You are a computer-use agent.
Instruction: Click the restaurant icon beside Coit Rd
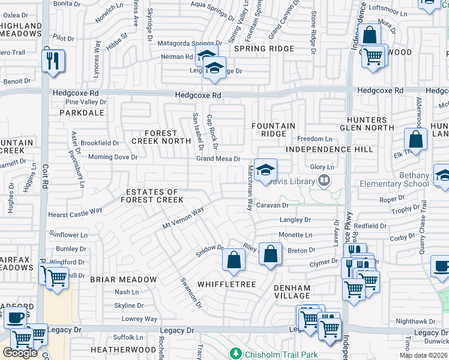(53, 61)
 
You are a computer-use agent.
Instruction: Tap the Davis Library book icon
(324, 179)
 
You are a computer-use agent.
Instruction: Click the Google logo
(20, 352)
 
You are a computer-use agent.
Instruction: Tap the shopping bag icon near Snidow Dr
(234, 260)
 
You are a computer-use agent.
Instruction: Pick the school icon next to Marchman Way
(265, 170)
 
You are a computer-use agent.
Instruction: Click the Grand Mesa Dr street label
(218, 159)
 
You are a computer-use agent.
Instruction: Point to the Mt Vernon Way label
(184, 218)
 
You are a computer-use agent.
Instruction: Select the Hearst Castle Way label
(75, 212)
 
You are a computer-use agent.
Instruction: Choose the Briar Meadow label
(123, 280)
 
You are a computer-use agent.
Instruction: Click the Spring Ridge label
(264, 49)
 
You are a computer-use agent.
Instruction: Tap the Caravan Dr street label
(273, 205)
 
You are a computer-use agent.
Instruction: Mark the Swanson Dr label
(191, 292)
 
